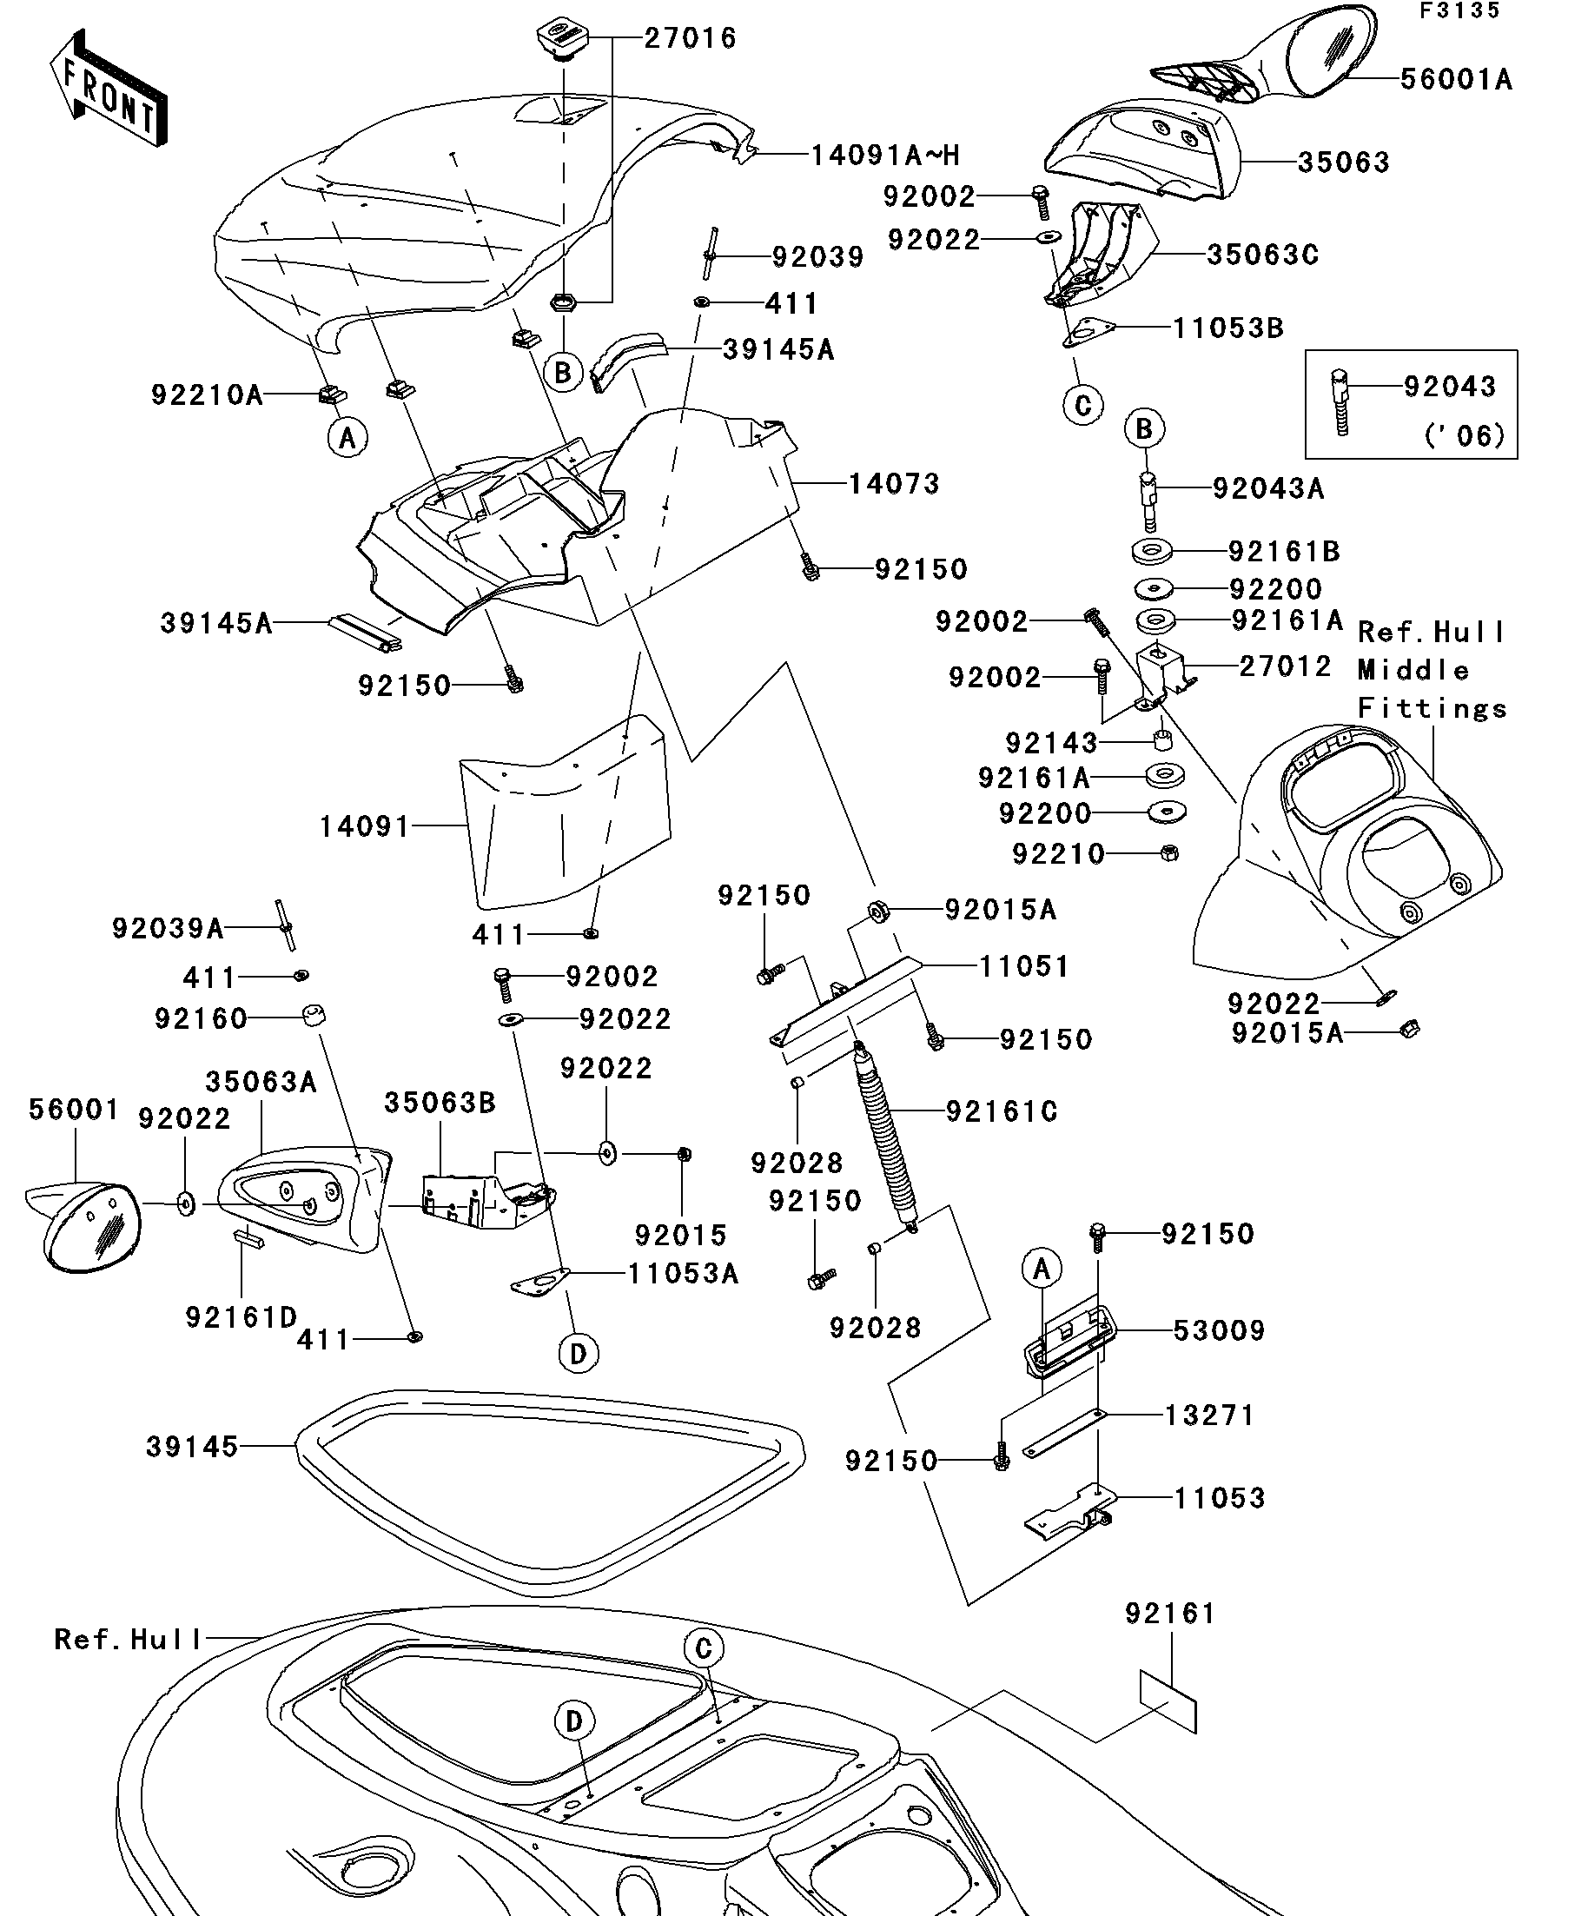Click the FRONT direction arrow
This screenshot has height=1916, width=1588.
click(x=108, y=90)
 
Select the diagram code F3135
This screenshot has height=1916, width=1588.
click(x=1459, y=11)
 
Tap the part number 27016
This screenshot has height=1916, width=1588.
click(x=690, y=38)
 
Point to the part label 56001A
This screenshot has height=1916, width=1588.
click(x=1456, y=80)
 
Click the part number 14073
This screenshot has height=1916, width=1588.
click(x=894, y=483)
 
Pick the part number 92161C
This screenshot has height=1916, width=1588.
click(x=1002, y=1111)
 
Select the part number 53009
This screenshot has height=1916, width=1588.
click(x=1219, y=1330)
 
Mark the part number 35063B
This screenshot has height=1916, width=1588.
click(x=440, y=1102)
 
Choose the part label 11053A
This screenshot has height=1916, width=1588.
click(x=682, y=1274)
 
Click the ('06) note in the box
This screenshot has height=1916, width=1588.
click(x=1464, y=436)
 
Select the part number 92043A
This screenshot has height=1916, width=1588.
click(x=1267, y=489)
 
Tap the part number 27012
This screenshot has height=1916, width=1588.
click(x=1285, y=666)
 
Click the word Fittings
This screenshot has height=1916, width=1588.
click(x=1432, y=708)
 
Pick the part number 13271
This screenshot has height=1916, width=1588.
click(x=1209, y=1415)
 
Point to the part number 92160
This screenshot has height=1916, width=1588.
click(x=201, y=1018)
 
